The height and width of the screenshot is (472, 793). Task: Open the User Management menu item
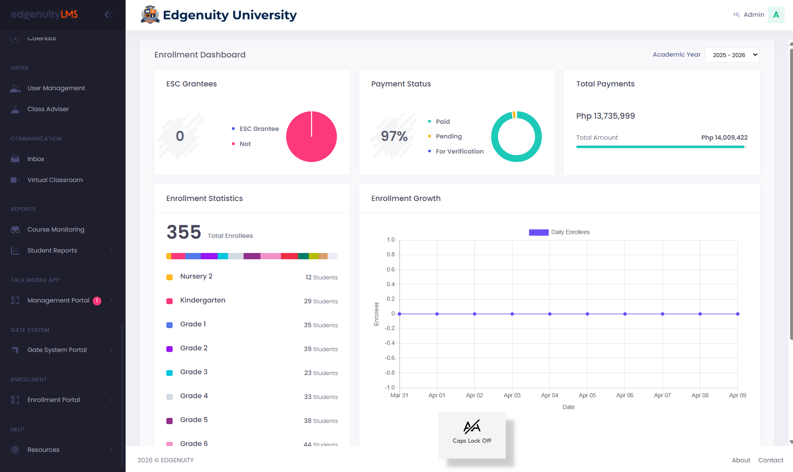coord(56,88)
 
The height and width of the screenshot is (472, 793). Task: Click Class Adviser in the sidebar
coord(48,109)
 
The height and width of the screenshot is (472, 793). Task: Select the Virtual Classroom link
coord(55,180)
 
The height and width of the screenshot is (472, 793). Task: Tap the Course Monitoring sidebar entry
coord(55,229)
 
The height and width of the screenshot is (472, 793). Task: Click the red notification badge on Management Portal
coord(97,300)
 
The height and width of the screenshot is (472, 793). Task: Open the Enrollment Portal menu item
coord(53,400)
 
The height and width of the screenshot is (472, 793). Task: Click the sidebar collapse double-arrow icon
coord(108,15)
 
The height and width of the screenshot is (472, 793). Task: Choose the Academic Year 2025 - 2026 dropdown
coord(732,55)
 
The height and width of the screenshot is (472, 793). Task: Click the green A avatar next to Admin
coord(776,15)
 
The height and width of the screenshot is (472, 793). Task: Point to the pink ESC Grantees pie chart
coord(311,137)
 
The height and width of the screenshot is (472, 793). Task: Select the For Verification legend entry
coord(459,151)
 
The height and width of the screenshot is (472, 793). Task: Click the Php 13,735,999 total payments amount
coord(605,116)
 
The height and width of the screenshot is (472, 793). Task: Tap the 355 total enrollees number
coord(184,232)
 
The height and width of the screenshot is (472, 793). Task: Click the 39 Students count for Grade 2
coord(320,349)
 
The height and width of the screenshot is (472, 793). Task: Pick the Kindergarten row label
coord(202,300)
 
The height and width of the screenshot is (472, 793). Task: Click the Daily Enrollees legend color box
coord(538,232)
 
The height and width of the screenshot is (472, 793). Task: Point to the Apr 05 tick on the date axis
coord(587,395)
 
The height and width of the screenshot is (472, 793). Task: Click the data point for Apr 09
coord(738,314)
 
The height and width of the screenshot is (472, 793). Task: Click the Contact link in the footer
coord(770,460)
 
